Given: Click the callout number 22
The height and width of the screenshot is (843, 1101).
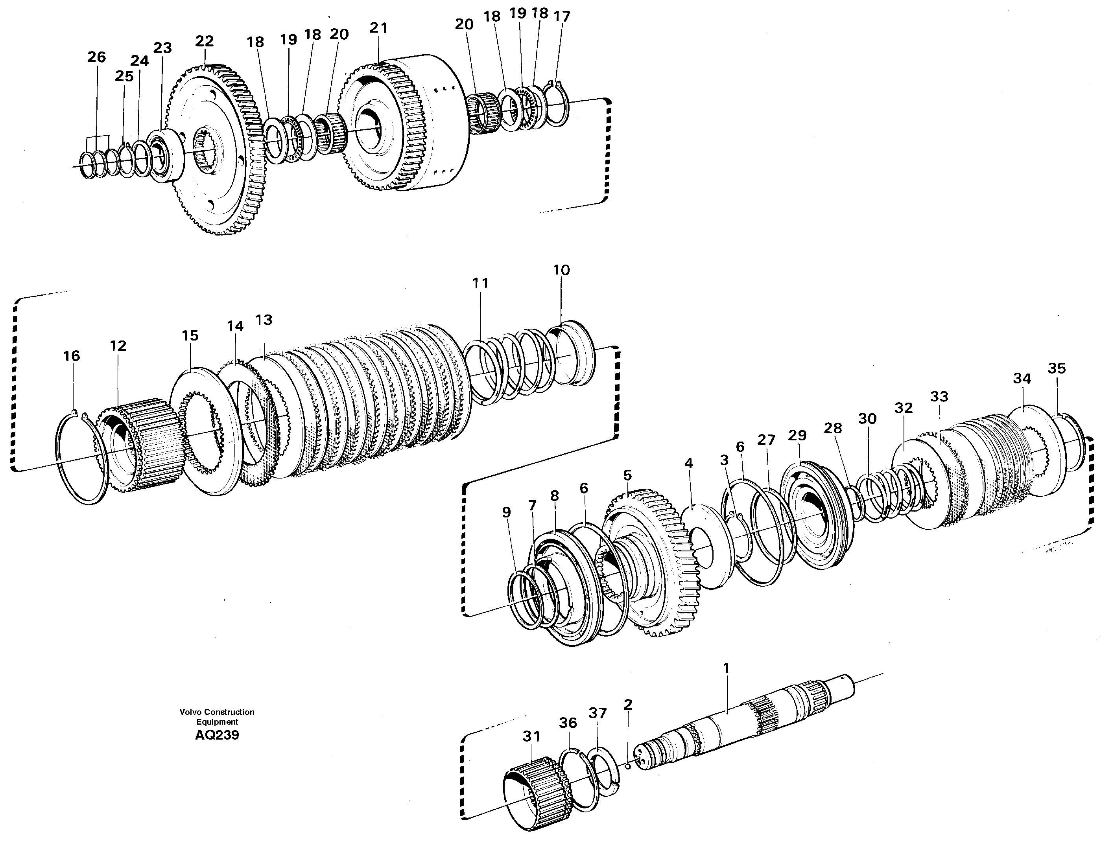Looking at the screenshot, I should (204, 41).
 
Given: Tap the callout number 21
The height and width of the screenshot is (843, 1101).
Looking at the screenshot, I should (378, 28).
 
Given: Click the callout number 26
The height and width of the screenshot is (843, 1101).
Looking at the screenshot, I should (96, 57).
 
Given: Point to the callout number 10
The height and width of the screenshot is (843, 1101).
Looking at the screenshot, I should (561, 270).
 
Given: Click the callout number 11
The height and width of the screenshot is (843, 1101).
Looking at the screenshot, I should (480, 283).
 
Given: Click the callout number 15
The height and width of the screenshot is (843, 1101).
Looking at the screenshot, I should (190, 336).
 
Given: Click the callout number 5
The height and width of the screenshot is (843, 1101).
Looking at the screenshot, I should (627, 475).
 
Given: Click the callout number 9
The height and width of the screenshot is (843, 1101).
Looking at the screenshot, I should (506, 512).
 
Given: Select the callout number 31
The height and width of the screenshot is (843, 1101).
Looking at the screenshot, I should (531, 736).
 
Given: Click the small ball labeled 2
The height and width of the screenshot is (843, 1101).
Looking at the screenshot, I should (627, 765).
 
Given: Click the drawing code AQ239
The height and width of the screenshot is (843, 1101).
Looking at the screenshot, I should (217, 736).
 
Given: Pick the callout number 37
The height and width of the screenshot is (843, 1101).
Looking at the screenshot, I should (598, 713).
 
